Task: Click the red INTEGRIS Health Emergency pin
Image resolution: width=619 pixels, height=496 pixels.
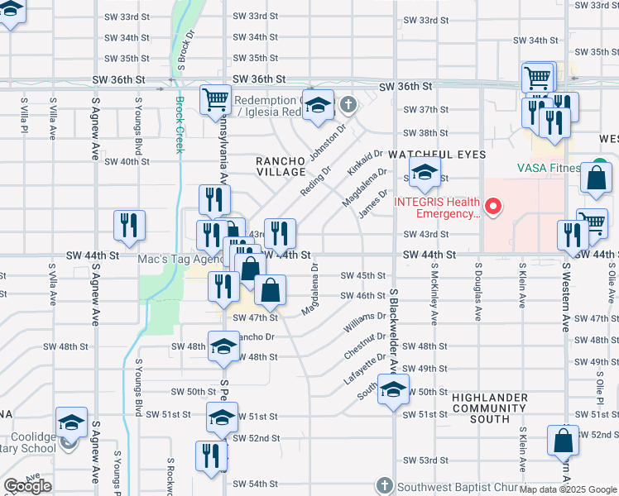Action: coord(495,207)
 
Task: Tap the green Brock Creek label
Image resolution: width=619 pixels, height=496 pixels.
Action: coord(180,125)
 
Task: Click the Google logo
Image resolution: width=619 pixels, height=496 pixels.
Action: coord(27,486)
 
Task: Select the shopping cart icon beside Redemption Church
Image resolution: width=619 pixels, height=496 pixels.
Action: coord(215,99)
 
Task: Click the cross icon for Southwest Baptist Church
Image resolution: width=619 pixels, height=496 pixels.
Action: coord(382,484)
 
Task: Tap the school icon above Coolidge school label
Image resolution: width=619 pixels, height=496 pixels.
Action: coord(72,422)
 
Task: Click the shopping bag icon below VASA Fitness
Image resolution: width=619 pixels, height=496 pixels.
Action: coord(596,177)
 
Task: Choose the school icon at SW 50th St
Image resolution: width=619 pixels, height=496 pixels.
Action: coord(393,389)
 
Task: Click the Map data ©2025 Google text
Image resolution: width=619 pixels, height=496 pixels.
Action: coord(569,489)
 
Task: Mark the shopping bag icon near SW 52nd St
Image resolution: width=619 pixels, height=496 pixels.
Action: coord(563,441)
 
